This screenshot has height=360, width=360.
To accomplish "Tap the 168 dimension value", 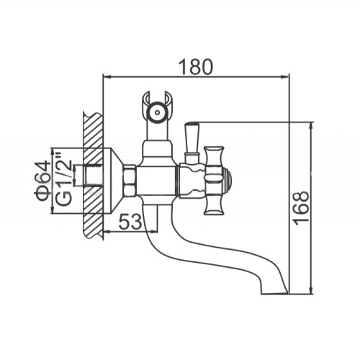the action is pos(302,208).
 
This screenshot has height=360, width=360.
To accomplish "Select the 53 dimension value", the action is pos(130,222).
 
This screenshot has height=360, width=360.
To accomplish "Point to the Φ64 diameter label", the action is pos(44,181).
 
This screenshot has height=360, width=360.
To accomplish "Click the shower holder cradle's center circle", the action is pos(157,112).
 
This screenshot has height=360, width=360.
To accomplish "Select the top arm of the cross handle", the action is pos(214,159).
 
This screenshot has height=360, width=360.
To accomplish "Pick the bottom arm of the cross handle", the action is pos(214,202).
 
